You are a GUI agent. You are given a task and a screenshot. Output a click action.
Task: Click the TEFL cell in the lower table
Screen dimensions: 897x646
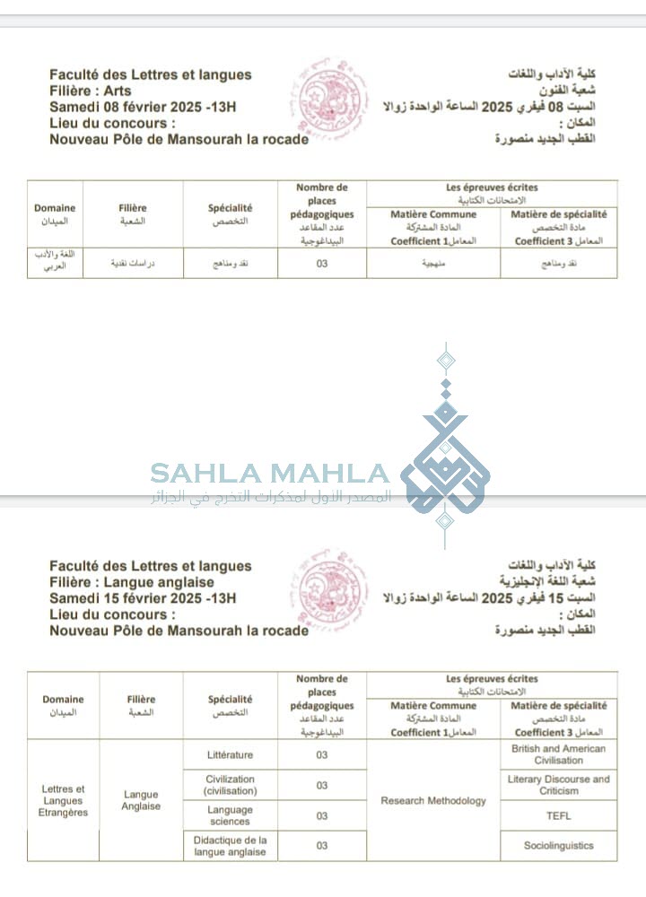click(558, 815)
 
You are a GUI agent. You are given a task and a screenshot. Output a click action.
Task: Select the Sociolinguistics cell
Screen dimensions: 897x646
click(558, 845)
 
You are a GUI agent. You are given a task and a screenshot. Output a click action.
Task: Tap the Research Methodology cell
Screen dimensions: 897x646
click(433, 800)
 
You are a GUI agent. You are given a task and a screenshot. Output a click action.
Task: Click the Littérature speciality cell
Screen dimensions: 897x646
click(230, 754)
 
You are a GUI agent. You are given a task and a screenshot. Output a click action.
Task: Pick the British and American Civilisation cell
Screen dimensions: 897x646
click(558, 754)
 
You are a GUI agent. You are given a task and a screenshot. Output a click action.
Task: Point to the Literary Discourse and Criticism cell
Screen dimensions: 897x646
click(558, 785)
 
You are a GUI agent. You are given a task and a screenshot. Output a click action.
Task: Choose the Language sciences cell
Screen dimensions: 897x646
click(230, 815)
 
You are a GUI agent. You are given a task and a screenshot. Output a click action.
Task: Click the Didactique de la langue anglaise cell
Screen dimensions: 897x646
click(230, 845)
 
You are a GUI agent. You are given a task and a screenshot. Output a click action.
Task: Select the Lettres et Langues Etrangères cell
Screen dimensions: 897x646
click(63, 800)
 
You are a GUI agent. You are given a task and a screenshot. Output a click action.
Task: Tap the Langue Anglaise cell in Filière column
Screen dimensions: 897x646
click(141, 800)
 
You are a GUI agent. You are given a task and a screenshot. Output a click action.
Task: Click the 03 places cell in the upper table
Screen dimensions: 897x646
click(322, 264)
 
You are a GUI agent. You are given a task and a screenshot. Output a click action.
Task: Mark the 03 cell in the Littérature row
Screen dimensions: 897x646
click(322, 754)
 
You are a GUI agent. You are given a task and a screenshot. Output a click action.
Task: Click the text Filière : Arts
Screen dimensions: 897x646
click(91, 91)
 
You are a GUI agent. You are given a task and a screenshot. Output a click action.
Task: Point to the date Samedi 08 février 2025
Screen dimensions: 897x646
click(129, 107)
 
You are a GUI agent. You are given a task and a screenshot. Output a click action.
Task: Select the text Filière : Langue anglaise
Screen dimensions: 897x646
click(132, 582)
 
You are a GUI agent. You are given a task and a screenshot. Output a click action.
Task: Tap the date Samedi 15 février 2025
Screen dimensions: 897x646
click(129, 598)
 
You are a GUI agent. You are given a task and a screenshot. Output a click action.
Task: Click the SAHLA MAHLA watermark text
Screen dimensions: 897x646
click(269, 474)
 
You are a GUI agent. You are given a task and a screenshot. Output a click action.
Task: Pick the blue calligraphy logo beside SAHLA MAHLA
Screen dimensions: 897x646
click(445, 448)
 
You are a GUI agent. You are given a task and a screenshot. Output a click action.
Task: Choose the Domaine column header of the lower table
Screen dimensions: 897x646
click(63, 705)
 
